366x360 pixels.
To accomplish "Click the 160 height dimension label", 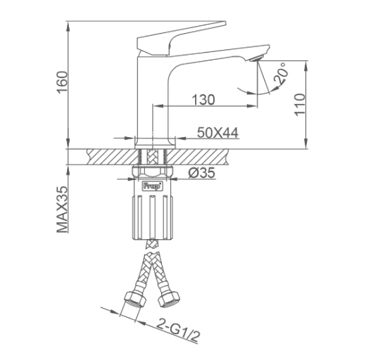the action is [63, 82].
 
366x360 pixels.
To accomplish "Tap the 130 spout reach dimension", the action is [203, 100].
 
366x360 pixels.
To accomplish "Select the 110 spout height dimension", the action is [300, 104].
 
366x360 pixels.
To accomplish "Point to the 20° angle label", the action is [281, 73].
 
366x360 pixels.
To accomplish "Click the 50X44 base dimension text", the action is [217, 133].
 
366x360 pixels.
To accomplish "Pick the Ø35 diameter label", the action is [202, 173].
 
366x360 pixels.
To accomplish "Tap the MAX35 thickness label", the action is [62, 210].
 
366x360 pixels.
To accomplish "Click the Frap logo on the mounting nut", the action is [152, 186].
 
